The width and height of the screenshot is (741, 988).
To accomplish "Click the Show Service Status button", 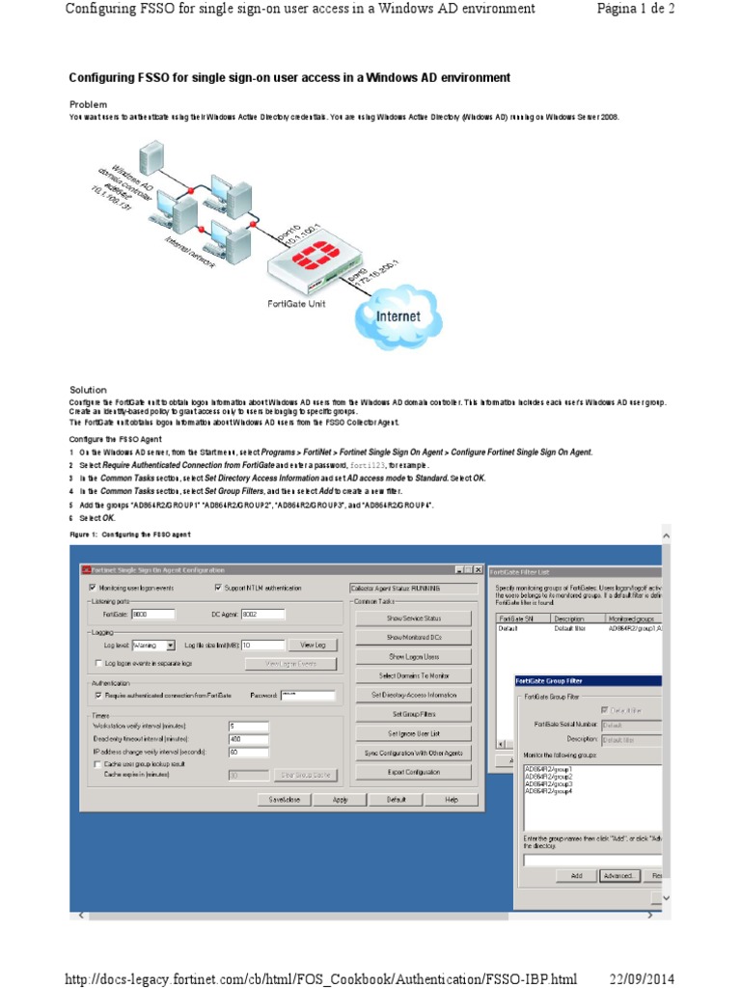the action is pos(413,617).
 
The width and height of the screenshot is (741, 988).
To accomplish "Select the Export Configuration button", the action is pos(413,772).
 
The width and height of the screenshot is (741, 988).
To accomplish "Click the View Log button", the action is pos(314,645).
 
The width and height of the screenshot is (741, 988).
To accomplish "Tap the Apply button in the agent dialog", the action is pos(341,800).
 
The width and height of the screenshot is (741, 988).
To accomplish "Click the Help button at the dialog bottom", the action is pos(451,800).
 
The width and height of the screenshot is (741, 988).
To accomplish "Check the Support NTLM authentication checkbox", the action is pos(218,588).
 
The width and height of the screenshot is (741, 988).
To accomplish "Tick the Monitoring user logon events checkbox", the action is pos(93,588).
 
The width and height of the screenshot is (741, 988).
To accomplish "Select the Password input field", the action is pos(306,695).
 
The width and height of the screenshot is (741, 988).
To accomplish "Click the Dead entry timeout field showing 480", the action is pos(247,738).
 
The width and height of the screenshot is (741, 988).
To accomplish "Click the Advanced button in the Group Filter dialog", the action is pos(617,875).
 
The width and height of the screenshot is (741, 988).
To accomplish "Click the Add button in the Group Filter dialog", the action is pos(576,875).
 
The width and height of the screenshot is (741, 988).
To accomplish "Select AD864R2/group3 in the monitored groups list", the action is pos(549,784).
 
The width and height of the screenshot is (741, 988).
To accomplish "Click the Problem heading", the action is pos(88,104).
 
